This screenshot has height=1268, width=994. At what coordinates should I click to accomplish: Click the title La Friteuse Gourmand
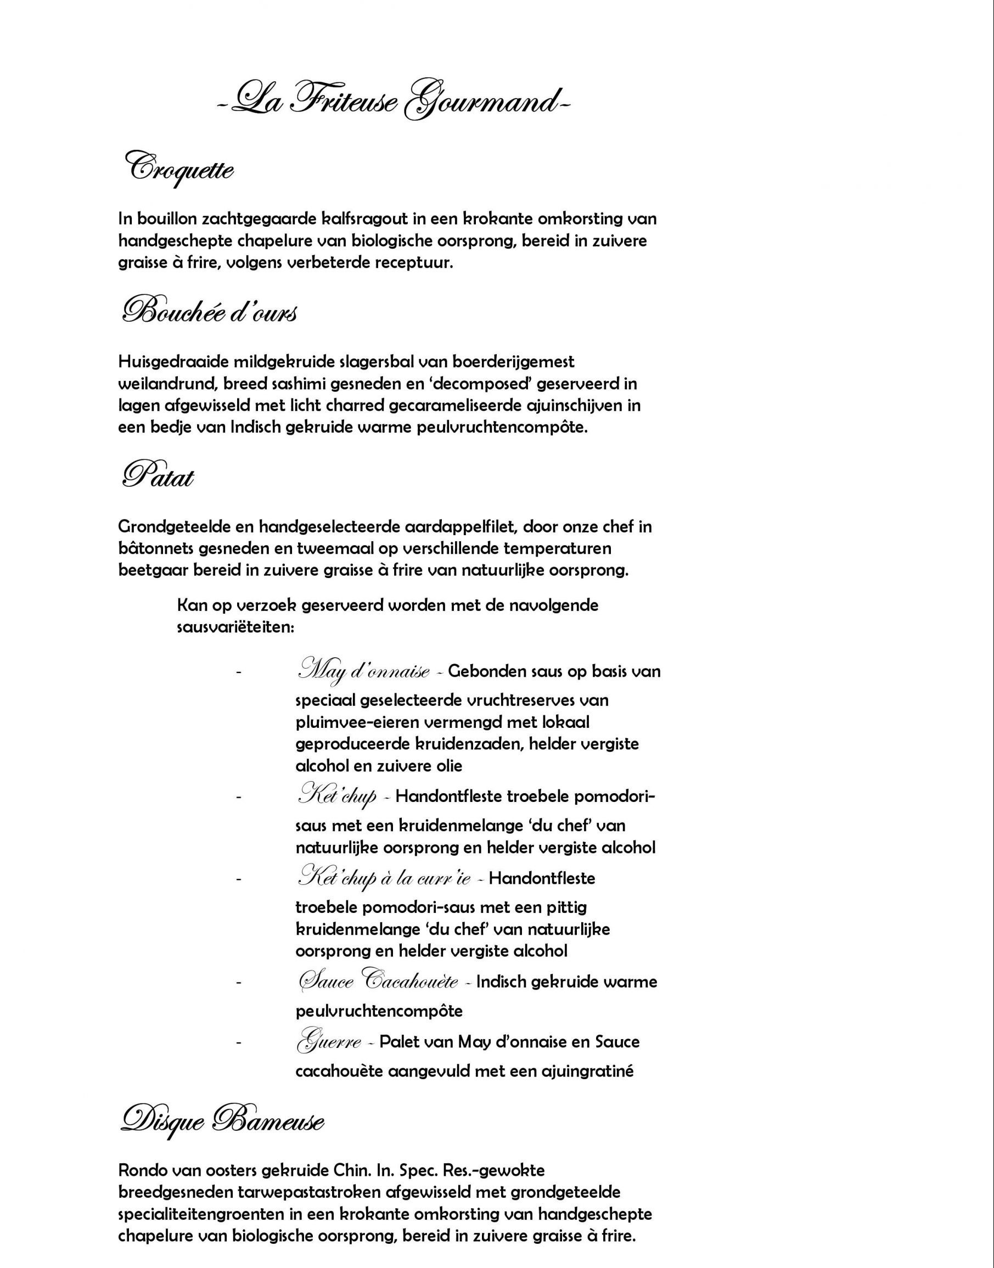394,103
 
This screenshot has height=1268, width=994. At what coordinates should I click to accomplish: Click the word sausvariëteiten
235,629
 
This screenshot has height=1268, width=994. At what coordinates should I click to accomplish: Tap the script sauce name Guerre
329,1042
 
